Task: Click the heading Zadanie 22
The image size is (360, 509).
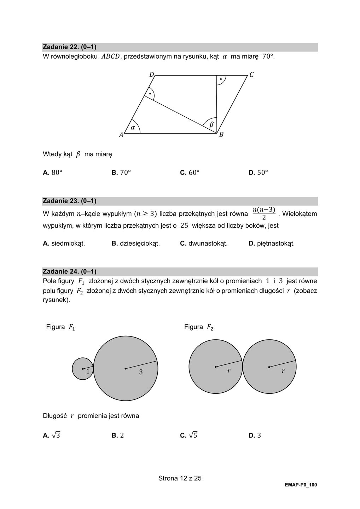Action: [69, 47]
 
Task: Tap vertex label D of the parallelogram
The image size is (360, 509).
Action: [151, 75]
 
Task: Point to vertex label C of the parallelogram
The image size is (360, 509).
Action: [251, 75]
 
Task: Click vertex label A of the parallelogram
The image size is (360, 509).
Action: [121, 135]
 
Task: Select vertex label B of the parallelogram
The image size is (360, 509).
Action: [221, 135]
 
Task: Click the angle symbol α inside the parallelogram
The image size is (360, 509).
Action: [133, 128]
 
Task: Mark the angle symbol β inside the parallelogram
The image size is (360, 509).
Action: [211, 124]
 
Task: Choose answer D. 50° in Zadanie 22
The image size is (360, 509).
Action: [258, 172]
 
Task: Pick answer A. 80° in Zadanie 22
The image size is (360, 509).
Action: [52, 172]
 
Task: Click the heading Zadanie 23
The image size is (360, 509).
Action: [69, 201]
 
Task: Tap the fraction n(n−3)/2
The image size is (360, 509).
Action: [264, 213]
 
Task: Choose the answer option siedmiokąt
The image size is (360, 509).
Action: [64, 243]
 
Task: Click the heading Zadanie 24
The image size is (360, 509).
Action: [69, 271]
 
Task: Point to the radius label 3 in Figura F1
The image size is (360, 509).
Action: [141, 372]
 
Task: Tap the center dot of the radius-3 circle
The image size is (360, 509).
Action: [126, 369]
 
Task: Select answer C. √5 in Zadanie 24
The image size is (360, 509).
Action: [188, 435]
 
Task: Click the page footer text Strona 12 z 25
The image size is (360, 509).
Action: [180, 478]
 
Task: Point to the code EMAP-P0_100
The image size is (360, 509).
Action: [301, 485]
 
